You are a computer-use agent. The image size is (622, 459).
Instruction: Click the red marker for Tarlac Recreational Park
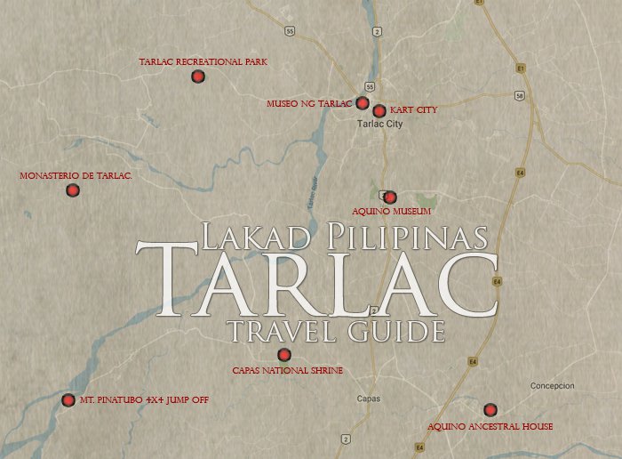click(x=198, y=76)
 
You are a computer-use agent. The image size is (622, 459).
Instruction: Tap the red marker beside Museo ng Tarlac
click(x=363, y=103)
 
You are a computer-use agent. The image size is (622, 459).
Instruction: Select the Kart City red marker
click(x=379, y=111)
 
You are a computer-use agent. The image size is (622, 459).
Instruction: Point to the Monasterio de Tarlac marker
click(x=73, y=190)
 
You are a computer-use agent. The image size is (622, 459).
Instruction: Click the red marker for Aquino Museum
click(x=389, y=197)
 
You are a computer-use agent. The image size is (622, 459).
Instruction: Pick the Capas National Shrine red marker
click(x=284, y=355)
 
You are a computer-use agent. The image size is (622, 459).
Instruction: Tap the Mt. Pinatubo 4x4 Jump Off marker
click(x=68, y=400)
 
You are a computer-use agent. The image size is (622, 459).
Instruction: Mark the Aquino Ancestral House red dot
click(x=490, y=410)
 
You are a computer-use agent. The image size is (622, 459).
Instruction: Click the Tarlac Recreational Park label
click(x=203, y=62)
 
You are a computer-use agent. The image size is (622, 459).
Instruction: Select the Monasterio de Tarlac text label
click(x=76, y=176)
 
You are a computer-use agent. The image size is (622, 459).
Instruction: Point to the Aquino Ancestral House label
click(x=490, y=427)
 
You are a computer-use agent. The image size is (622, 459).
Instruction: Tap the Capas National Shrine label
click(x=287, y=370)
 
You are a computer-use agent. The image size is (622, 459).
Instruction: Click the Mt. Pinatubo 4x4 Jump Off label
click(x=144, y=400)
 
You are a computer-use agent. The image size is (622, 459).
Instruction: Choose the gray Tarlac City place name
click(x=379, y=125)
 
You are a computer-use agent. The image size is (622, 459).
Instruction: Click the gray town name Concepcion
click(x=553, y=386)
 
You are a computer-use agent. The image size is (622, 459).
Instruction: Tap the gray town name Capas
click(x=369, y=399)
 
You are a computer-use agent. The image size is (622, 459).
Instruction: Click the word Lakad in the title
click(x=254, y=237)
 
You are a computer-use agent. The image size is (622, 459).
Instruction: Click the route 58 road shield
click(x=519, y=94)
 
